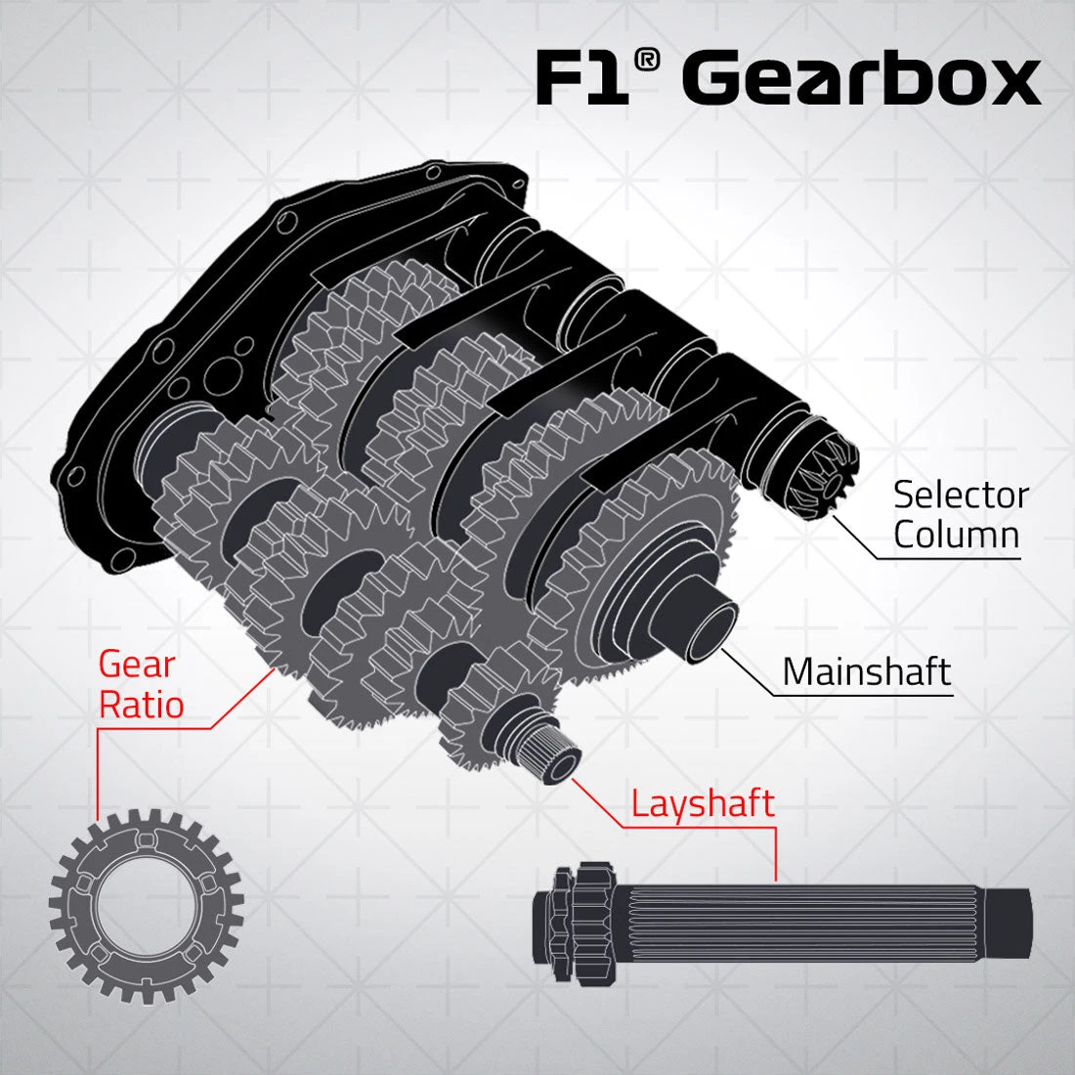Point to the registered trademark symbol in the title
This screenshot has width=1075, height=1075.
click(x=645, y=61)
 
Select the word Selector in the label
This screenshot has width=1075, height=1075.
click(x=961, y=495)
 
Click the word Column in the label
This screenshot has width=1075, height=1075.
click(x=956, y=536)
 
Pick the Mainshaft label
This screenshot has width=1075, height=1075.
click(x=866, y=671)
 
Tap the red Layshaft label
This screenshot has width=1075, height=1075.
click(x=702, y=803)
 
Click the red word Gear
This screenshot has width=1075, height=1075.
click(x=137, y=665)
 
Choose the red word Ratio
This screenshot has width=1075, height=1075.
click(x=142, y=705)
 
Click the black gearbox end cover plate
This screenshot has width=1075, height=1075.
click(x=147, y=391)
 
